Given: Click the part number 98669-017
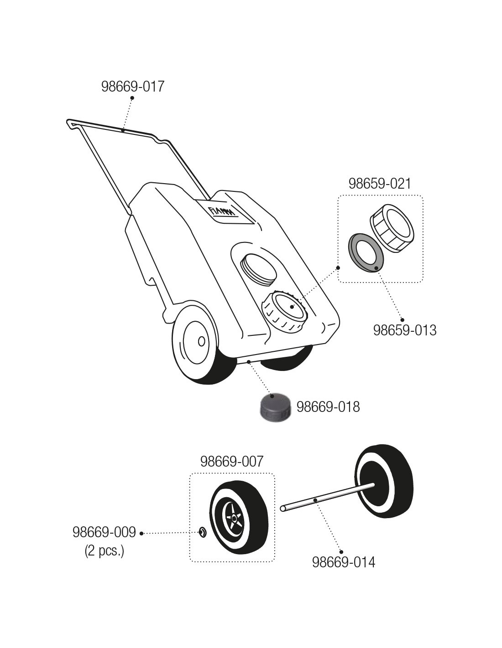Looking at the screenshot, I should pos(132,87).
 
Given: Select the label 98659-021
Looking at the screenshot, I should pos(380,184).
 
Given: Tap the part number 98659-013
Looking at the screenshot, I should pos(404,330).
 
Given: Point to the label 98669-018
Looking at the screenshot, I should pos(328,406).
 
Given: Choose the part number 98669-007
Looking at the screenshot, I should pos(232,462).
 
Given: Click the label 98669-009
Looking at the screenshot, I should pos(104,532).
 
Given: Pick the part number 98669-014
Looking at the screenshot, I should pos(343,562).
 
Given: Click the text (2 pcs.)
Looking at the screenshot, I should pos(104,551).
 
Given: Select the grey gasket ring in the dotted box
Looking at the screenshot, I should pos(366,252).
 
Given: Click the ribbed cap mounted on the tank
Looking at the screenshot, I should pos(284,309).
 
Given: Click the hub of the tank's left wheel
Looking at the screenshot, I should pos(201,341).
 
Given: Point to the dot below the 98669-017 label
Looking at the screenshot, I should pos(132,98).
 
